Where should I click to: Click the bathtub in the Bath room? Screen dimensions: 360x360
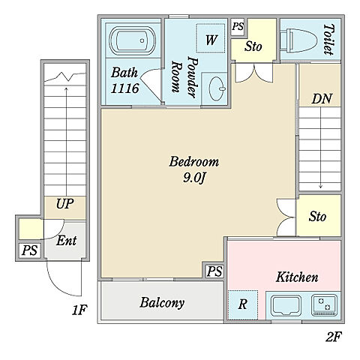[133, 40]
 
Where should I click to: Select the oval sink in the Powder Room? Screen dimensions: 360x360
[217, 88]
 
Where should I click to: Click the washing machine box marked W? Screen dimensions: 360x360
[211, 38]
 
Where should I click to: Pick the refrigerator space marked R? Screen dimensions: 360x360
[243, 304]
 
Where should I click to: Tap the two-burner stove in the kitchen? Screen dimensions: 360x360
[324, 305]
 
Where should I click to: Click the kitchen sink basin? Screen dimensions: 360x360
[286, 305]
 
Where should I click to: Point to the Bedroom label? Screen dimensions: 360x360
[193, 161]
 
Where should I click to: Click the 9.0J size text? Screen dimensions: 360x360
[193, 178]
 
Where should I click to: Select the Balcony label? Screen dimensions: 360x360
[162, 302]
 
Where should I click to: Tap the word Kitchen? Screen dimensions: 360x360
[297, 277]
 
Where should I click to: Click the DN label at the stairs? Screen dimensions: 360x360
[322, 99]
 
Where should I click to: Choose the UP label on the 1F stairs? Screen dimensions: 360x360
[64, 204]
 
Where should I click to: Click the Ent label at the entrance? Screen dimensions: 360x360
[66, 241]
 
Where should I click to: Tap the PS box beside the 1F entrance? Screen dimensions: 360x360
[29, 250]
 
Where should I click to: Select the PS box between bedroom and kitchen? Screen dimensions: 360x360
[214, 271]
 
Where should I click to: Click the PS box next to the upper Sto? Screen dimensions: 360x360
[237, 26]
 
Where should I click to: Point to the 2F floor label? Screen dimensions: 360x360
[333, 337]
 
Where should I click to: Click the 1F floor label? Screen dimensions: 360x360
[79, 310]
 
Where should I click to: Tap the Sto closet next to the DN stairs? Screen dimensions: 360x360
[319, 215]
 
